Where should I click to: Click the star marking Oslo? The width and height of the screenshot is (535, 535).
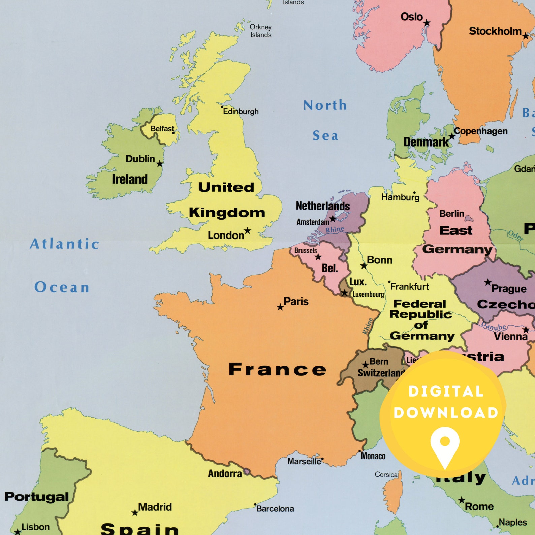click(427, 23)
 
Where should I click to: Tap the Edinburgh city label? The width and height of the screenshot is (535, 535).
click(241, 112)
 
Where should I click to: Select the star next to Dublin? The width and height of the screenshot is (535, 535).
click(160, 164)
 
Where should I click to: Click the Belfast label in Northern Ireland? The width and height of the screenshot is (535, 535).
click(162, 129)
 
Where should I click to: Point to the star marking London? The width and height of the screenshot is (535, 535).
click(248, 230)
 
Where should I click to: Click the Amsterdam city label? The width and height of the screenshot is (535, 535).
click(313, 222)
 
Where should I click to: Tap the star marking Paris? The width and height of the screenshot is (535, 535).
click(280, 307)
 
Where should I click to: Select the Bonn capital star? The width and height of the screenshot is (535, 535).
click(364, 266)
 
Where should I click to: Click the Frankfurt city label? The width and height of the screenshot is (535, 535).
click(410, 287)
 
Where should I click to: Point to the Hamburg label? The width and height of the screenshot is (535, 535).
click(400, 197)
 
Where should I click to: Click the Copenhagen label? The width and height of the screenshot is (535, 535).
click(480, 131)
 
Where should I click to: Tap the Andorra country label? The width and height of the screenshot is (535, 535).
click(225, 474)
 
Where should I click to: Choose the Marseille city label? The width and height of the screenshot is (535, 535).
click(304, 461)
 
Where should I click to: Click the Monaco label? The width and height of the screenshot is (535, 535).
click(373, 456)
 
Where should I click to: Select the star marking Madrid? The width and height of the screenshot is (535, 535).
click(135, 513)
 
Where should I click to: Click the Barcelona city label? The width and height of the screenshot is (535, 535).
click(275, 509)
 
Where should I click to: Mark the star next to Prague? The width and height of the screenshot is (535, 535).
click(487, 282)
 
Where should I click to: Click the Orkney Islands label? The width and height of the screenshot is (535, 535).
click(260, 31)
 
